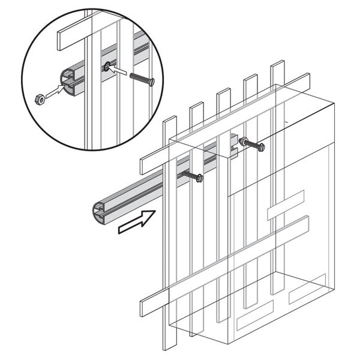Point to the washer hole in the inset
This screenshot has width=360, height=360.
(x=106, y=68)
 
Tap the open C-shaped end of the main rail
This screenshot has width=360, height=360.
(x=100, y=211)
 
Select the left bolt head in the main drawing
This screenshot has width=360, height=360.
(x=199, y=178)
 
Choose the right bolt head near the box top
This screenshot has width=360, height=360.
(x=260, y=146)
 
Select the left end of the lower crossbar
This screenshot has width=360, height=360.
(x=144, y=307)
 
